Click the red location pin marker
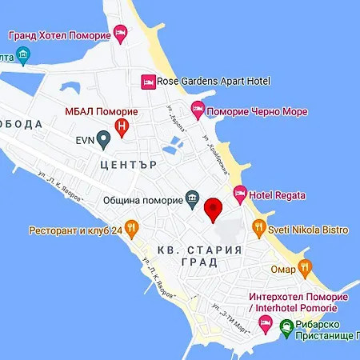(x=214, y=210)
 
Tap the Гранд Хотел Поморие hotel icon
(x=120, y=34)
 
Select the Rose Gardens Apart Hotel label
(x=214, y=81)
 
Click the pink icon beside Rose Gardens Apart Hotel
(x=147, y=81)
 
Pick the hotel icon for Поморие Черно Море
(x=198, y=109)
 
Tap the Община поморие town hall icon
(x=193, y=198)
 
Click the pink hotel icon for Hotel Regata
(x=239, y=194)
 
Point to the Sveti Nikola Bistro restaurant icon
(x=259, y=228)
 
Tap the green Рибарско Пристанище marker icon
(x=288, y=323)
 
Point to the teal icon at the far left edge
(x=22, y=56)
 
